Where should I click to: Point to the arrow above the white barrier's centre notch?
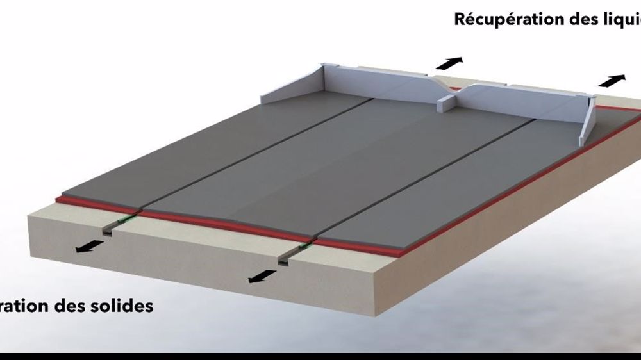[449, 63]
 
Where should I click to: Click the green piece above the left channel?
[122, 220]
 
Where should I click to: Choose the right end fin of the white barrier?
[588, 122]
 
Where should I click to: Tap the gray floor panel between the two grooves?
[333, 167]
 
